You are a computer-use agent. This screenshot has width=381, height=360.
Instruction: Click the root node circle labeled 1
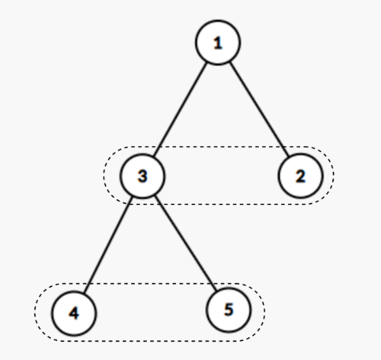218,43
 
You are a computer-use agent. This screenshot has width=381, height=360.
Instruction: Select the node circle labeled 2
301,176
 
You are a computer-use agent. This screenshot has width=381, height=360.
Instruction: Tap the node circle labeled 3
143,176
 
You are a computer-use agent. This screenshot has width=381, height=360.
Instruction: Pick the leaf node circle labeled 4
74,313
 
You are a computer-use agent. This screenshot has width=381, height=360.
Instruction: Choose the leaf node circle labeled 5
228,310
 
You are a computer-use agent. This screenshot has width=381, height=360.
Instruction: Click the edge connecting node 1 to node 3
180,109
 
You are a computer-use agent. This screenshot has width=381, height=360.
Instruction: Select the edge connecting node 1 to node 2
259,109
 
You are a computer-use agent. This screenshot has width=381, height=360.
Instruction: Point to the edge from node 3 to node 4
108,245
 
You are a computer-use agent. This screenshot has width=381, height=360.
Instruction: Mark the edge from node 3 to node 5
185,243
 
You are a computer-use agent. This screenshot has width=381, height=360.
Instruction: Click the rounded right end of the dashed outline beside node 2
333,175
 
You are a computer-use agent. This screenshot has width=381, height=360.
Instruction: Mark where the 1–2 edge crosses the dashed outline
284,147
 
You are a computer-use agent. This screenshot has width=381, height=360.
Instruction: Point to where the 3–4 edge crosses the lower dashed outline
88,284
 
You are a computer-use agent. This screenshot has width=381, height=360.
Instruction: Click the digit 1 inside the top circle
218,43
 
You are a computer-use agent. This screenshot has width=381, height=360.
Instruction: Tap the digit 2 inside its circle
301,176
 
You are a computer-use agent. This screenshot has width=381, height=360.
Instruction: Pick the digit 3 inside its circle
143,176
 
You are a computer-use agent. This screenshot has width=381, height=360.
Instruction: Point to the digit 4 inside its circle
74,313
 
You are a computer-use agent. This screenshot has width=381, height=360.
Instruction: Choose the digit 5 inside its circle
229,310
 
